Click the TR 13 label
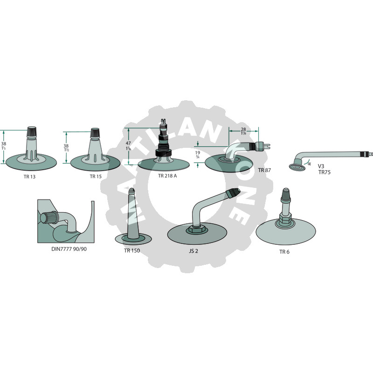29,177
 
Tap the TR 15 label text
96,176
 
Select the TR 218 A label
167,176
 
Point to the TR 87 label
264,170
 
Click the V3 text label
321,166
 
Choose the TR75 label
325,172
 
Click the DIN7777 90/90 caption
69,249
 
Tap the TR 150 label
132,250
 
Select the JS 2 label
193,251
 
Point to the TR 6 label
284,252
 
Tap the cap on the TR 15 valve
95,133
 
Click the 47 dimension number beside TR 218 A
128,143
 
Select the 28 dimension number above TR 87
243,130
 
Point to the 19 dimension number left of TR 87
198,152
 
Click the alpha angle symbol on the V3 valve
309,164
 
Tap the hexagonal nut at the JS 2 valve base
195,229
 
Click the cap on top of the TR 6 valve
285,194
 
